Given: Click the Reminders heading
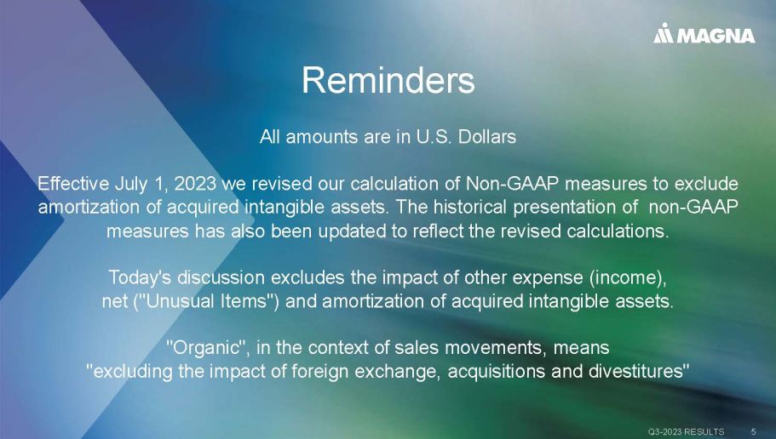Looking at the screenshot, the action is [388, 80].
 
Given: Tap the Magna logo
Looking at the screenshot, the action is [704, 34].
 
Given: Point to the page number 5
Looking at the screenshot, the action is [753, 431].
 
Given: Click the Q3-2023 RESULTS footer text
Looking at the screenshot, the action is [686, 431].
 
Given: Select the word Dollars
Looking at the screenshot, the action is [487, 136].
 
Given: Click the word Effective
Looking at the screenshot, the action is [73, 184].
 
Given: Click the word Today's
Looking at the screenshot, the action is [140, 277].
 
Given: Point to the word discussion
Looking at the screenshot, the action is [221, 277].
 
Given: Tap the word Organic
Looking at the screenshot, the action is [205, 348].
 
